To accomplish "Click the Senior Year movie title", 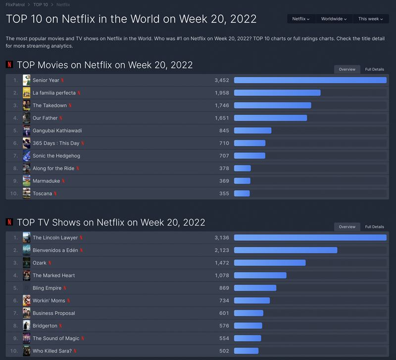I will pos(46,80).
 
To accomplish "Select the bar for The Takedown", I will pos(272,105).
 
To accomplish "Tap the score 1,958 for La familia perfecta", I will pos(222,93).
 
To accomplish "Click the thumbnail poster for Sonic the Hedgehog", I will pos(27,156).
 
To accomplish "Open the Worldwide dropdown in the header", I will pos(334,19).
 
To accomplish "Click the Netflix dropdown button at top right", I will pos(300,19).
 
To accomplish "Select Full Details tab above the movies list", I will pos(374,69).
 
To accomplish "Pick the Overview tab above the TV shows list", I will pos(347,227).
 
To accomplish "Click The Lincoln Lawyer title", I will pos(55,238).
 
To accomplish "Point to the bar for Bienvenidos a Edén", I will pos(285,250).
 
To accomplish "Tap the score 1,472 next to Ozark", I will pos(222,263).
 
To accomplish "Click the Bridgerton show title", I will pos(45,326).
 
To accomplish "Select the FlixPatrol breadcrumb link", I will pos(15,4).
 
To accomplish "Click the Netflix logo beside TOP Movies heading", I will pos(9,65).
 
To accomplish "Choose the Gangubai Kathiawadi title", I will pos(57,131).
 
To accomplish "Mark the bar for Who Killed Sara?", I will pos(246,351).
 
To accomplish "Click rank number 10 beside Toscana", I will pos(14,193).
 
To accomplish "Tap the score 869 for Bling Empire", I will pos(224,288).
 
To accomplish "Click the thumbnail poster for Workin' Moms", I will pos(27,301).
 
